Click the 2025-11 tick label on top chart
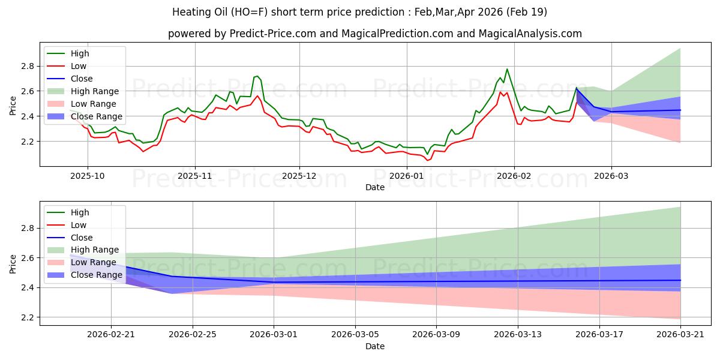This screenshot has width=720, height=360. (194, 176)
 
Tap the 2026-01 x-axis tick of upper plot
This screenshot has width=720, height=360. (407, 176)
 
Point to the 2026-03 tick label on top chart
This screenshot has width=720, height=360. (611, 176)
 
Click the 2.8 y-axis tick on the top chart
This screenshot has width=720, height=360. (26, 66)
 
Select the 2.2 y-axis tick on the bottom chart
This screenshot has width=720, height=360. (26, 317)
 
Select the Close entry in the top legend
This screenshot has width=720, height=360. (82, 79)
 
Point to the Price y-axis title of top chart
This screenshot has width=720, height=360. (13, 106)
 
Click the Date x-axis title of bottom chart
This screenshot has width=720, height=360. (375, 346)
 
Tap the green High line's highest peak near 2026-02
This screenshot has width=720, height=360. (507, 69)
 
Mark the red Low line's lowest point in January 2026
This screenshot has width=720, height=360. (428, 160)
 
